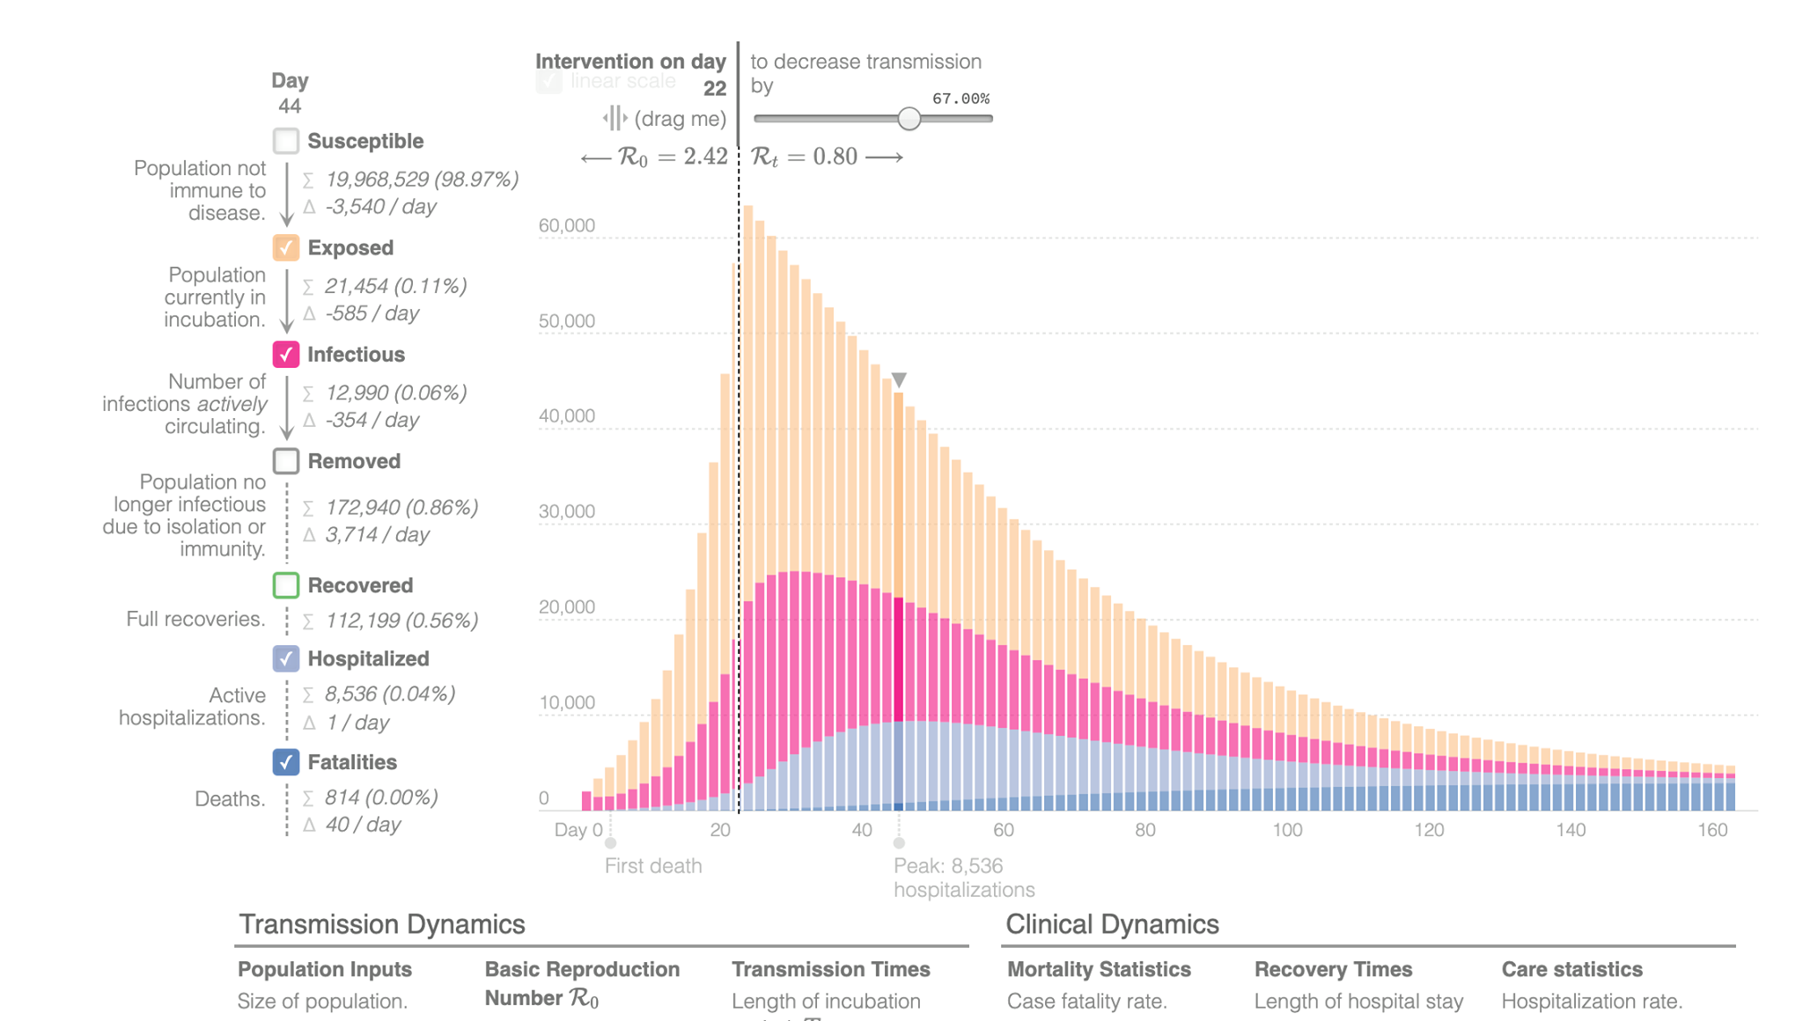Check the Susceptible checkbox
click(x=286, y=141)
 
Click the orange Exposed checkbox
click(x=286, y=247)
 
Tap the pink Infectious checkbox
click(x=286, y=355)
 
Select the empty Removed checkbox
click(x=286, y=461)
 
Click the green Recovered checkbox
click(x=286, y=585)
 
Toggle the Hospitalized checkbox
click(x=286, y=658)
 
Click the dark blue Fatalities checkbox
click(x=286, y=762)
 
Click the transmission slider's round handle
click(x=909, y=119)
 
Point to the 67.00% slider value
click(x=960, y=99)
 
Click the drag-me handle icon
click(x=614, y=118)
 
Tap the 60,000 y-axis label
click(x=567, y=225)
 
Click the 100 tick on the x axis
click(x=1287, y=830)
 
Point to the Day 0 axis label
click(x=578, y=830)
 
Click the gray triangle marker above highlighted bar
click(x=899, y=379)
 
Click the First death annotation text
click(x=653, y=866)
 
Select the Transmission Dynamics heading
click(x=382, y=924)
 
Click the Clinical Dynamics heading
click(x=1112, y=924)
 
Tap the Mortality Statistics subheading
click(x=1099, y=969)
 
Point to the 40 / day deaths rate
click(x=363, y=825)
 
